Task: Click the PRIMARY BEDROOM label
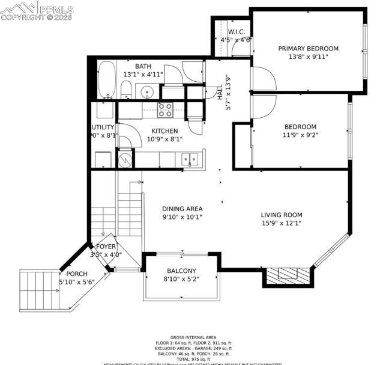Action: [x=308, y=49]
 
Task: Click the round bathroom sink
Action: [x=147, y=92]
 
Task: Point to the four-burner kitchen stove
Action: [x=165, y=109]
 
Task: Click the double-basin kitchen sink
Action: [x=190, y=159]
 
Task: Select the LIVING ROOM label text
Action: [x=281, y=215]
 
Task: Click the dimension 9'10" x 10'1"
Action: [x=182, y=217]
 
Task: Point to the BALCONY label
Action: [x=181, y=271]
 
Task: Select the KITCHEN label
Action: [x=164, y=131]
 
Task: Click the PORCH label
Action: [x=76, y=274]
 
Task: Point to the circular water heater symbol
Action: [x=125, y=160]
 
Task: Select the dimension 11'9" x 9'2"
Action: [x=300, y=135]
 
